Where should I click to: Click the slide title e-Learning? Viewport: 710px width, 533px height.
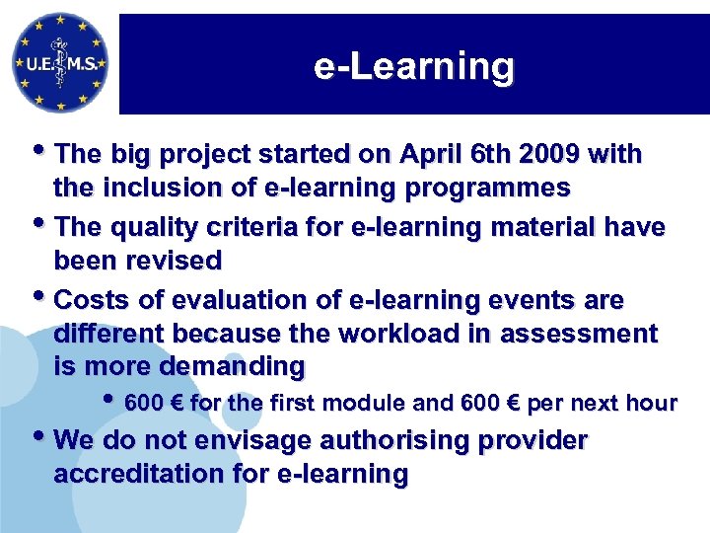coord(413,67)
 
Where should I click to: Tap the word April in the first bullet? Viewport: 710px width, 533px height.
coord(429,155)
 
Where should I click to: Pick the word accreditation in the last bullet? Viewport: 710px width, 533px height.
coord(140,474)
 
